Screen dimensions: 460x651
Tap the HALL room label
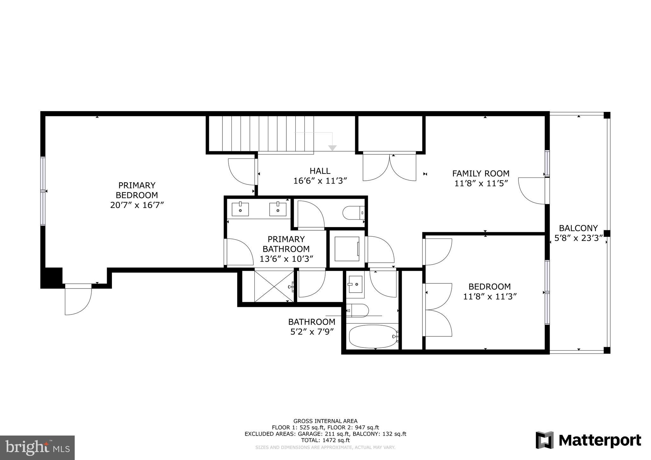tap(320, 171)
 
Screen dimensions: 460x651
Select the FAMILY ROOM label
tap(481, 173)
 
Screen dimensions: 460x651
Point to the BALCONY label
tap(578, 228)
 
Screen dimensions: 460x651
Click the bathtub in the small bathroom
tap(373, 337)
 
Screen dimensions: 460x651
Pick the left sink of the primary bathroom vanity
tap(240, 209)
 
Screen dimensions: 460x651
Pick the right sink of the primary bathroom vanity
tap(278, 209)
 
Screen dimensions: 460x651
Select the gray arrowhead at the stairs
tap(332, 148)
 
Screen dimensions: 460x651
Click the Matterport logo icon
tap(545, 440)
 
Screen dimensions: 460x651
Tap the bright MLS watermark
tap(38, 448)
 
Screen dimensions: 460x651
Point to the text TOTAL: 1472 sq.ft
tap(325, 440)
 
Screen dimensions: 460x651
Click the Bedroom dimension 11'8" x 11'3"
tap(490, 297)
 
